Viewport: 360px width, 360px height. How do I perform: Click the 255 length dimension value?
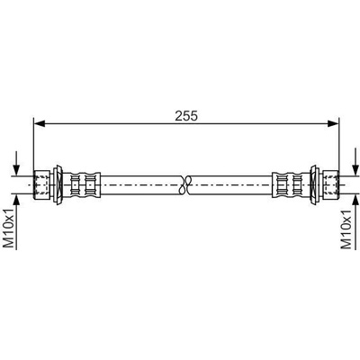186,116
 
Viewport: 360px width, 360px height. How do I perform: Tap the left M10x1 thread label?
9,229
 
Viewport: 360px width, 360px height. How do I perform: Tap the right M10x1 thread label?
346,229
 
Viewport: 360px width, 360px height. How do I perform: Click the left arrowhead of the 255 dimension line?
40,123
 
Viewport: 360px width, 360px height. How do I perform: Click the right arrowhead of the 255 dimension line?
333,123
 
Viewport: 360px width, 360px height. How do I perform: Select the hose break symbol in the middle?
185,184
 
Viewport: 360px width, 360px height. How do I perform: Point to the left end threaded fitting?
41,184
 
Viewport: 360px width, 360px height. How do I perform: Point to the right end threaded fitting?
331,184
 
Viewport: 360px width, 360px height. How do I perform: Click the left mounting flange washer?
58,184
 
